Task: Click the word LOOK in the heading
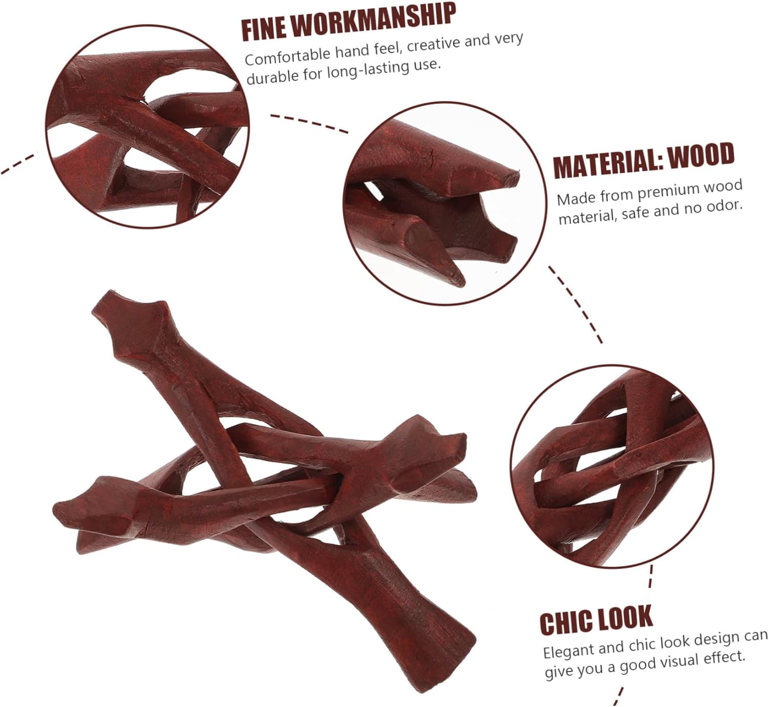[x=625, y=617]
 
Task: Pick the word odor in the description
[x=722, y=206]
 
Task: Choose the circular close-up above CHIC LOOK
[x=613, y=467]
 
